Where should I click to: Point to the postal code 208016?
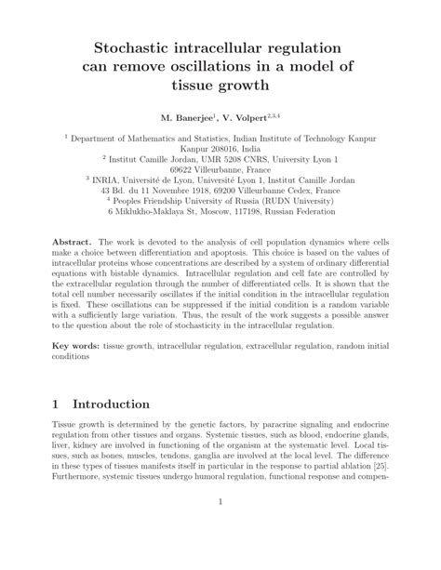point(230,147)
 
